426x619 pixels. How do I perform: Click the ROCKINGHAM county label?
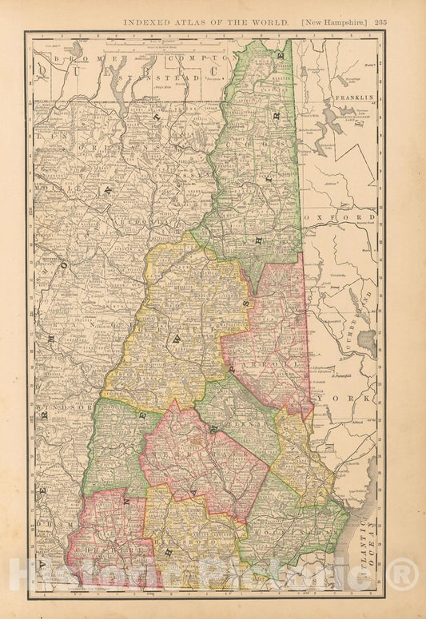point(296,528)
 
